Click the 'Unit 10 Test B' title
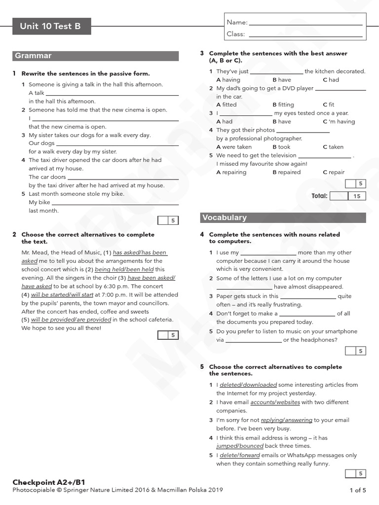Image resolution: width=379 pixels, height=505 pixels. [x=50, y=27]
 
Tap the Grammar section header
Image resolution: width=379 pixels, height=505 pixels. [x=34, y=56]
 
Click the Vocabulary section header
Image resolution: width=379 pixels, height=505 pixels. [x=225, y=217]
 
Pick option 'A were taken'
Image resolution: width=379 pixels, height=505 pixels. [x=234, y=147]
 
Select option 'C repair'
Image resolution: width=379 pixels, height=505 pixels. [x=334, y=172]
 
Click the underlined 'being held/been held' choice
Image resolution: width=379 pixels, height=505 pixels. [x=124, y=270]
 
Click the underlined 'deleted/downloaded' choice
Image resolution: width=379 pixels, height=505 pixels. [x=248, y=385]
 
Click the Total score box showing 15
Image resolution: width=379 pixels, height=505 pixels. [x=357, y=196]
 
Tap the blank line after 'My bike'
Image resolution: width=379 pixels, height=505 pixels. [x=115, y=203]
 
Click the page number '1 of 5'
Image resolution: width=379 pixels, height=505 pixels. [x=358, y=490]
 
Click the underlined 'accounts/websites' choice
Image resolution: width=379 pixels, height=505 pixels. [x=275, y=402]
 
